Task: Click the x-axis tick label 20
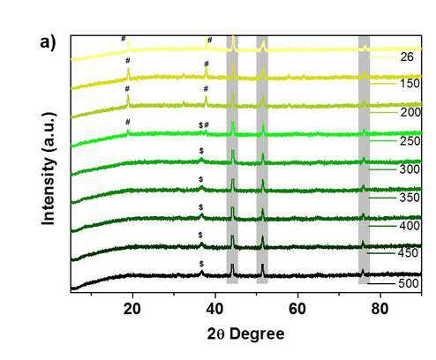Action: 132,309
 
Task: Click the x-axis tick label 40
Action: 214,309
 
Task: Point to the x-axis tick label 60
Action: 297,309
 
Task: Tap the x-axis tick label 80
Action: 380,309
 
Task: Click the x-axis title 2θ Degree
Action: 245,334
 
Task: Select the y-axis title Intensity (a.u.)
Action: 49,169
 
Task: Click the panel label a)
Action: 48,43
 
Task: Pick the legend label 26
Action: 407,56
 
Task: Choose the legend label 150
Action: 410,84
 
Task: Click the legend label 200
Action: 410,112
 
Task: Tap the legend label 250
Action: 410,141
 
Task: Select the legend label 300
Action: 410,169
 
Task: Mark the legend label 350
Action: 410,198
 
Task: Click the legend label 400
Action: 410,226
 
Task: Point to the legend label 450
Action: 408,253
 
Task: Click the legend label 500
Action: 409,283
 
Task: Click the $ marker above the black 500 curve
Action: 201,264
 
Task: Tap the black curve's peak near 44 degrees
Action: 232,265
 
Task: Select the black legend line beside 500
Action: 381,284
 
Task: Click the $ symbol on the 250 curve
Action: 200,125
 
